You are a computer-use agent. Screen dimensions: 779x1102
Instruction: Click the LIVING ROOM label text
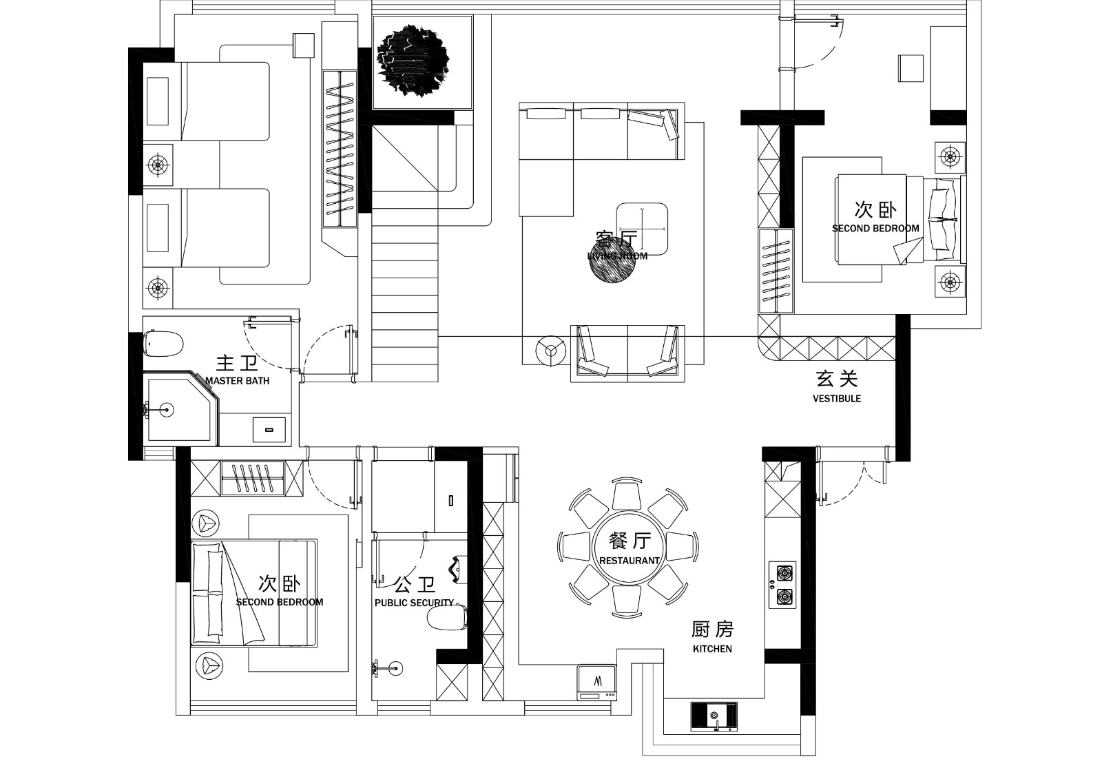point(618,256)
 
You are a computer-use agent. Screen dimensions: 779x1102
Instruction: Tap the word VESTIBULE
point(837,398)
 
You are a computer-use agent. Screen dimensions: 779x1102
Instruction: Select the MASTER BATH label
point(238,380)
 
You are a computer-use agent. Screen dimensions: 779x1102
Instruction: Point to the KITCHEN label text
point(712,649)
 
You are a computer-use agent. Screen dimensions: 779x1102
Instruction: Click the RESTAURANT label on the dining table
point(630,561)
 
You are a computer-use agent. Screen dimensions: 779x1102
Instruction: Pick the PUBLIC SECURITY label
point(414,603)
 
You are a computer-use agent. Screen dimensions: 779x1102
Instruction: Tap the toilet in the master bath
point(164,343)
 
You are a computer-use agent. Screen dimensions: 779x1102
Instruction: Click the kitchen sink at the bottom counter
point(714,716)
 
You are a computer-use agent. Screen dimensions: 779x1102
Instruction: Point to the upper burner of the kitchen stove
point(783,572)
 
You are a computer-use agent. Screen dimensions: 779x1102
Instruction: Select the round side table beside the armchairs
point(550,350)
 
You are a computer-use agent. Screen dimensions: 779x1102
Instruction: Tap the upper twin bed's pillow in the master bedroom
point(158,101)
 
